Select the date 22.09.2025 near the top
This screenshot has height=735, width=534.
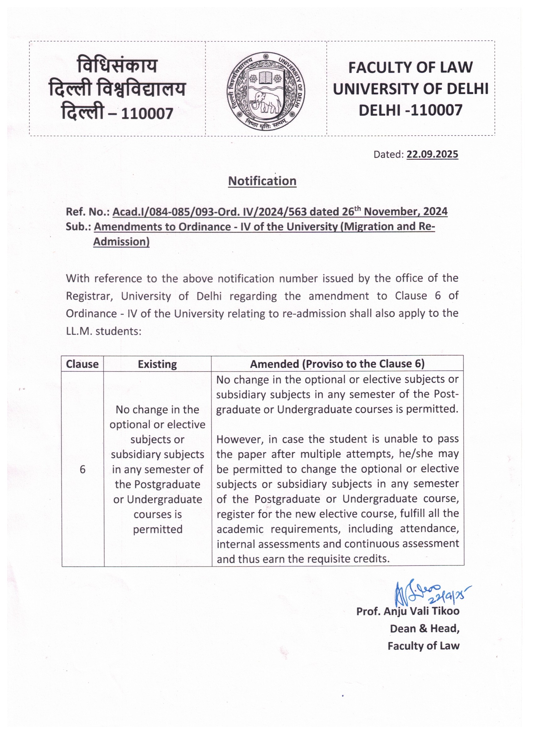432,154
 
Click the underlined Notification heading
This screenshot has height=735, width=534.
262,181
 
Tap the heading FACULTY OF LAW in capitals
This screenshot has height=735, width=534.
410,67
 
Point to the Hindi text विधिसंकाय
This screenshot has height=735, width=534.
117,65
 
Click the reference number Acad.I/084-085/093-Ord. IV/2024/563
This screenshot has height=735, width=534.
209,212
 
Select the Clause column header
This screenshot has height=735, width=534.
82,364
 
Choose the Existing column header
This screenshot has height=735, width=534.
157,364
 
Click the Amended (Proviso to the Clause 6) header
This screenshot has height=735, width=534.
337,364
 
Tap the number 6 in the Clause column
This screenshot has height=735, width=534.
83,469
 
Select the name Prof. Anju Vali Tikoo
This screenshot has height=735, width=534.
408,611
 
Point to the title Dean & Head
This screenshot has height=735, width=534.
425,629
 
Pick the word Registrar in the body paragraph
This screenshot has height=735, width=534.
89,296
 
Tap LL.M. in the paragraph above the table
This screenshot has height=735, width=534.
79,332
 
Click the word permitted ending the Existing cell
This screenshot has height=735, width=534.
158,529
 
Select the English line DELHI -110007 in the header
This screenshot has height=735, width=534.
410,110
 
